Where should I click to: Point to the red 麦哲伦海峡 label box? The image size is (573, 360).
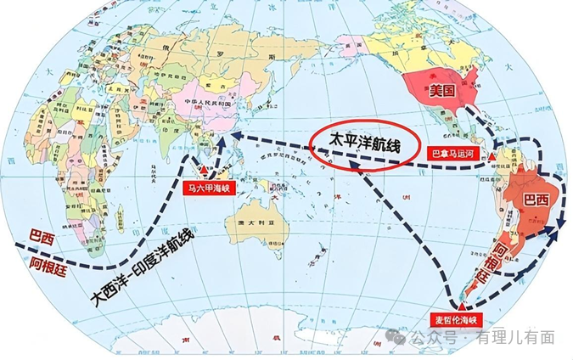click(457, 320)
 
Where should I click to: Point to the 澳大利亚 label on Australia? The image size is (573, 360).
click(244, 222)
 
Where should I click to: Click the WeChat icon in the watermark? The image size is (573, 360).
click(400, 337)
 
